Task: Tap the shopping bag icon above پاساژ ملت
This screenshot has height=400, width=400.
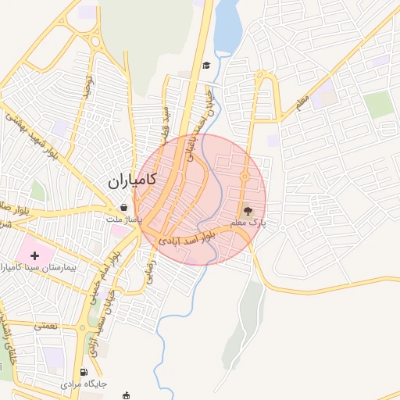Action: tap(125, 208)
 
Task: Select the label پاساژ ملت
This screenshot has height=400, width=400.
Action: tap(125, 220)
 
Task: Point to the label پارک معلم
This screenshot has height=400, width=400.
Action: tap(248, 223)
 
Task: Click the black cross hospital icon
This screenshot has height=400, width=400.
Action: tap(34, 255)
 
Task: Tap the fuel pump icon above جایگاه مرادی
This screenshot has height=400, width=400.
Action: tap(84, 372)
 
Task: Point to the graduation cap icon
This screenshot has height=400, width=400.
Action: tap(206, 66)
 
